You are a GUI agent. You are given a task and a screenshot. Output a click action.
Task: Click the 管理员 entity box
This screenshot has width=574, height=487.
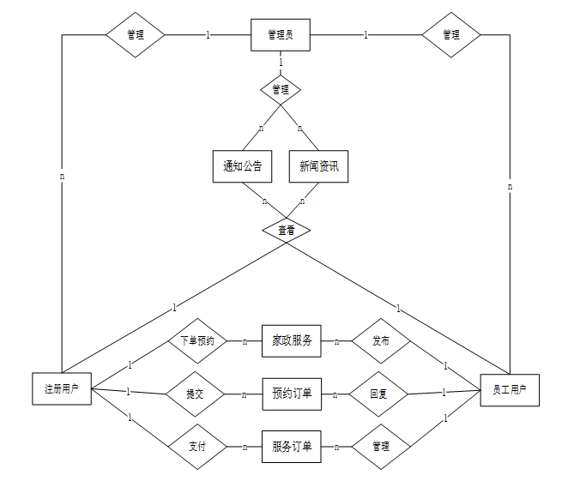point(280,35)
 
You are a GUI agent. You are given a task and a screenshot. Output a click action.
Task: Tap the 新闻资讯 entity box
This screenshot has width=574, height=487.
point(318,166)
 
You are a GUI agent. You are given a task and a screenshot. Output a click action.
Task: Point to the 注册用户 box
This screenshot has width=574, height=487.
point(61,388)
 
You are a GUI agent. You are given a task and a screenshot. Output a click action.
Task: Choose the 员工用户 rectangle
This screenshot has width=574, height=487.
point(510,389)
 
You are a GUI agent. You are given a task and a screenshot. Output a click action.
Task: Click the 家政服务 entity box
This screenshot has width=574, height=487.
point(292,340)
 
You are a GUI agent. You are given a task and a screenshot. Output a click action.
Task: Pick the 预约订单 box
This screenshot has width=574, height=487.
point(292,394)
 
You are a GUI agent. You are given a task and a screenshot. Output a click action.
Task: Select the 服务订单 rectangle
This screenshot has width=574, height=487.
point(292,446)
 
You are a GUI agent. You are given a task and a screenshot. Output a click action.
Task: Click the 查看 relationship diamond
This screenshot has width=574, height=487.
point(281,230)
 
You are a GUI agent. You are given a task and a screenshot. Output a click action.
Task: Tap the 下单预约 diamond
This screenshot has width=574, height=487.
point(196,340)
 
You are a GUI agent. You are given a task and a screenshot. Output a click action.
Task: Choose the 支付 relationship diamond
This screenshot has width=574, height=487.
point(196,447)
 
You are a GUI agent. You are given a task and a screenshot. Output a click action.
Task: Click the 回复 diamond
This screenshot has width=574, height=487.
point(378,394)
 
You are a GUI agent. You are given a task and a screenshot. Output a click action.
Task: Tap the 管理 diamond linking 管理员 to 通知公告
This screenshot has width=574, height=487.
point(281,89)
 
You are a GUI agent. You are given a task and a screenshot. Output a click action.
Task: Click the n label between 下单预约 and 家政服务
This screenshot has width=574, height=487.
point(245,341)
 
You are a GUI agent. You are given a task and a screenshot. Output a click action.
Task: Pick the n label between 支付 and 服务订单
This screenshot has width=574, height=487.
point(245,447)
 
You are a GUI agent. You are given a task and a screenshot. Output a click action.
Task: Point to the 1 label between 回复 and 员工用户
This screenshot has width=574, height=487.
point(444,393)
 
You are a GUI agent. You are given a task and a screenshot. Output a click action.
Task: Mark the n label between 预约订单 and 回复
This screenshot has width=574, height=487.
point(335,394)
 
